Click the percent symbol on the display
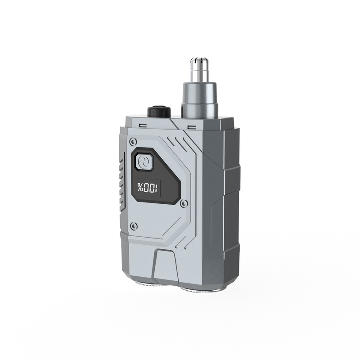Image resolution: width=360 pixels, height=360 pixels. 140,187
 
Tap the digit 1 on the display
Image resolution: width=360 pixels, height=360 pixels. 156,188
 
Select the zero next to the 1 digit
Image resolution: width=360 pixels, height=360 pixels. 151,188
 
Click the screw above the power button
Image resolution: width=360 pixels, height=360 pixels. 132,141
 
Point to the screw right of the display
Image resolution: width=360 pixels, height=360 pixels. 184,203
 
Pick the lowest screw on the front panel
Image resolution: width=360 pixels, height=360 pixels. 134,225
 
